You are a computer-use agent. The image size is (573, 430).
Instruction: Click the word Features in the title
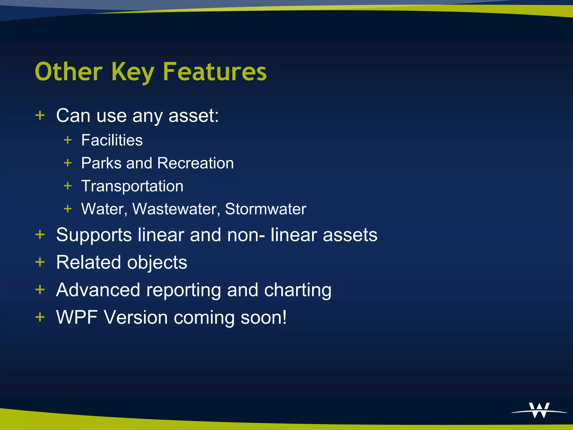pyautogui.click(x=215, y=72)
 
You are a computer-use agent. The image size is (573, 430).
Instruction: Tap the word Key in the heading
pyautogui.click(x=133, y=72)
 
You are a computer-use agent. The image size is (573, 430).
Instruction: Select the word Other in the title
pyautogui.click(x=69, y=72)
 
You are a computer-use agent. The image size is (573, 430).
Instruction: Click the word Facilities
pyautogui.click(x=112, y=140)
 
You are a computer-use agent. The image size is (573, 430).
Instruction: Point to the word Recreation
pyautogui.click(x=195, y=163)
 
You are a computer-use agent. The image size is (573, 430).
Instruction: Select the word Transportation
pyautogui.click(x=132, y=186)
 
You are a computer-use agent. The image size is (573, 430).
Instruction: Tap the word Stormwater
pyautogui.click(x=266, y=209)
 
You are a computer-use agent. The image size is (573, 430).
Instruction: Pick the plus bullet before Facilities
pyautogui.click(x=68, y=140)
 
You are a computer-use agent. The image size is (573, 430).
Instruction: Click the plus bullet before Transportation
pyautogui.click(x=68, y=186)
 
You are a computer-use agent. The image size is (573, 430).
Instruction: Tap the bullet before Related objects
pyautogui.click(x=40, y=262)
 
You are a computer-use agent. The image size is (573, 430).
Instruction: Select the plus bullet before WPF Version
pyautogui.click(x=40, y=317)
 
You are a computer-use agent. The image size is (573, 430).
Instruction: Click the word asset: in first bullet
pyautogui.click(x=194, y=115)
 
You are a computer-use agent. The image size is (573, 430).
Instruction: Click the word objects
pyautogui.click(x=157, y=263)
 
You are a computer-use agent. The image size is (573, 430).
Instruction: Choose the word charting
pyautogui.click(x=298, y=290)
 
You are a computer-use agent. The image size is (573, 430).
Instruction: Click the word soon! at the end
pyautogui.click(x=264, y=317)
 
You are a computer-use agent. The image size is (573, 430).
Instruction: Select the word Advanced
pyautogui.click(x=98, y=290)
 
